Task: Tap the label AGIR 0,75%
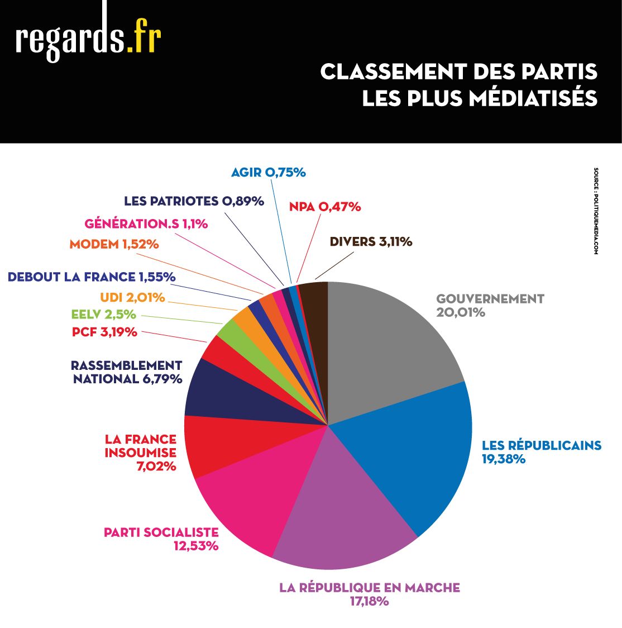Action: tap(269, 173)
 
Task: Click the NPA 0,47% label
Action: tap(325, 207)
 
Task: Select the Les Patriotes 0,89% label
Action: tap(194, 201)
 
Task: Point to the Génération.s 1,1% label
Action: tap(146, 224)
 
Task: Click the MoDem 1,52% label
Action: tap(114, 244)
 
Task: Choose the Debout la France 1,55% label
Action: tap(92, 277)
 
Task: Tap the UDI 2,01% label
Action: tap(132, 297)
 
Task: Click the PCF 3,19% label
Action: tap(104, 332)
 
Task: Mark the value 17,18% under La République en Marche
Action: tap(369, 602)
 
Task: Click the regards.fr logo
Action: tap(88, 39)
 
